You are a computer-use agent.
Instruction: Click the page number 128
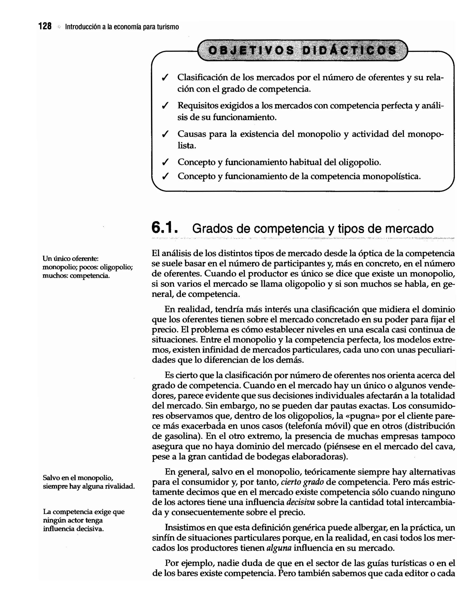[45, 27]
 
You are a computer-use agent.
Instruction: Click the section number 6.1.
[165, 228]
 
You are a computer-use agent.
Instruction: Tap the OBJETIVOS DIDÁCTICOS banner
[302, 50]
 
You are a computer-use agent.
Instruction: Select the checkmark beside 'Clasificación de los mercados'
[165, 78]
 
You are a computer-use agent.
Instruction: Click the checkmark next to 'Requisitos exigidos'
[165, 106]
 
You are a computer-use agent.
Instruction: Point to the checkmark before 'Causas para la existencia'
[165, 134]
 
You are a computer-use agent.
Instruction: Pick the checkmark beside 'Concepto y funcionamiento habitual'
[165, 162]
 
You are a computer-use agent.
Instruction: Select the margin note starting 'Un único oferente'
[87, 267]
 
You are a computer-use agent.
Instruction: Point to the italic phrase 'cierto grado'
[302, 482]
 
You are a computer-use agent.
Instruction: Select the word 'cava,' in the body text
[445, 446]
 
